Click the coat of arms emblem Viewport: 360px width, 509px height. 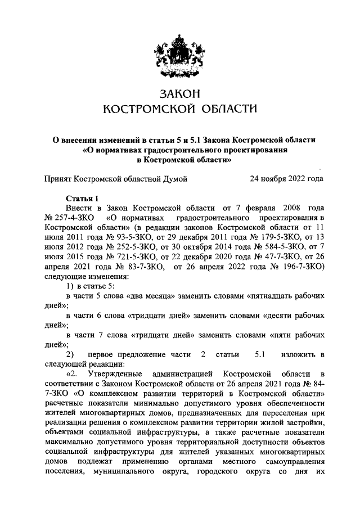[x=180, y=52]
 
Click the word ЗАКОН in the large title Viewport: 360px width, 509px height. [x=180, y=92]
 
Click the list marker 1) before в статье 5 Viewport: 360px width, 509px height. [x=70, y=286]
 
